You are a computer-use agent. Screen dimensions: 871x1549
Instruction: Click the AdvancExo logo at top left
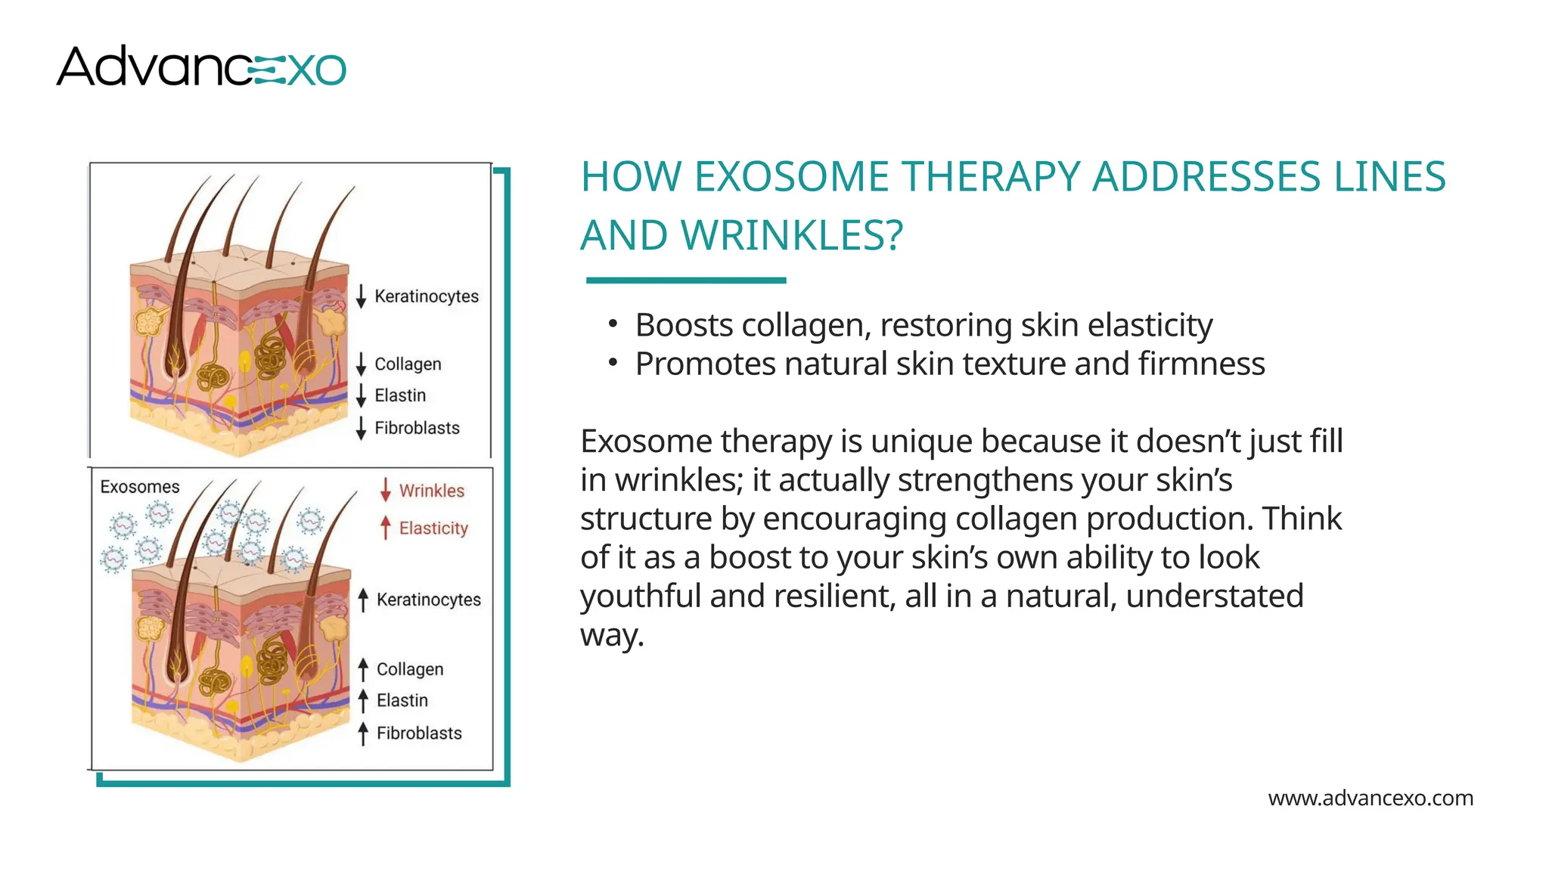pyautogui.click(x=200, y=67)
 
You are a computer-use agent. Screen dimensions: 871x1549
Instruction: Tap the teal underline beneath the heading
pyautogui.click(x=685, y=281)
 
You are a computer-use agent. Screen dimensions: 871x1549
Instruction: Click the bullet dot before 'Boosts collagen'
pyautogui.click(x=613, y=324)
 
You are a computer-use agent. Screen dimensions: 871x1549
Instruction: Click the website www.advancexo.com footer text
pyautogui.click(x=1370, y=798)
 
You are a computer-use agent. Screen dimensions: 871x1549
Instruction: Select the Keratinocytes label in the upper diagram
pyautogui.click(x=427, y=296)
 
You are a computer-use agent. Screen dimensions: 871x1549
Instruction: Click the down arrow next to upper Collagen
pyautogui.click(x=362, y=364)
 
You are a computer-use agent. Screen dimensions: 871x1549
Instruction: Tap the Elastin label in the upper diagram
pyautogui.click(x=400, y=395)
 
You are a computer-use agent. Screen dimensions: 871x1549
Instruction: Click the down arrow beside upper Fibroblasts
pyautogui.click(x=362, y=428)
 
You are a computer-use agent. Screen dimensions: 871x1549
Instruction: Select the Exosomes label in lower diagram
pyautogui.click(x=140, y=487)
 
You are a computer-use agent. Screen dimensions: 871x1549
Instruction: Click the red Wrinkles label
pyautogui.click(x=431, y=491)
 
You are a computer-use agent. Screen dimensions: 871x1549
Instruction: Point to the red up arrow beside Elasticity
pyautogui.click(x=386, y=528)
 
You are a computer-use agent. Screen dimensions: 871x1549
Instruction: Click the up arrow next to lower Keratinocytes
pyautogui.click(x=363, y=600)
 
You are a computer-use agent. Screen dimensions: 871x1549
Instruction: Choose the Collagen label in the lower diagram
pyautogui.click(x=410, y=669)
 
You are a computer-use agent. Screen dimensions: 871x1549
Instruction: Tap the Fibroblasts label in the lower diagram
pyautogui.click(x=419, y=733)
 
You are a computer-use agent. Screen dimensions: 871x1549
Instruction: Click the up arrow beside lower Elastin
pyautogui.click(x=363, y=701)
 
